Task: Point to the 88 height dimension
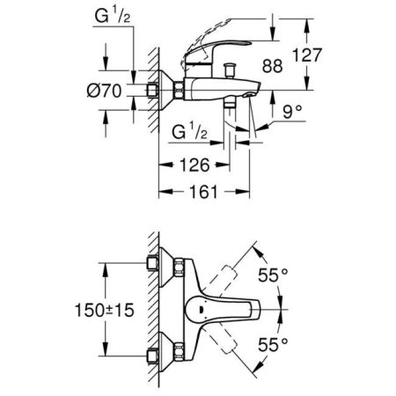[273, 64]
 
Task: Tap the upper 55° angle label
[273, 275]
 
